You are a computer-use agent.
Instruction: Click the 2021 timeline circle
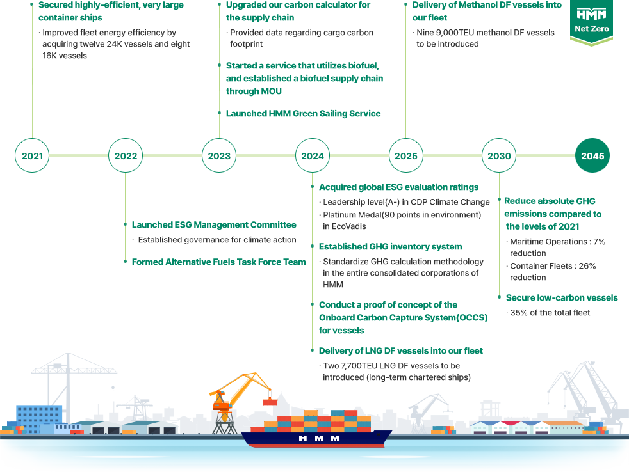tap(32, 156)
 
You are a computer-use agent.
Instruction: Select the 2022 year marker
tap(126, 156)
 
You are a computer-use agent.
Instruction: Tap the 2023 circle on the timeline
tap(219, 156)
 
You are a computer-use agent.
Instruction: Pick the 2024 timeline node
tap(313, 156)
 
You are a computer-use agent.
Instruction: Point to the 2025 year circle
tap(405, 156)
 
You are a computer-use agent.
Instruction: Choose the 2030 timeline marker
tap(499, 156)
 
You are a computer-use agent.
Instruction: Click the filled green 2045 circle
tap(592, 156)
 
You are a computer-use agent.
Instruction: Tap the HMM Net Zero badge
tap(591, 22)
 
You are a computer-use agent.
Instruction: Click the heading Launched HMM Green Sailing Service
tap(303, 114)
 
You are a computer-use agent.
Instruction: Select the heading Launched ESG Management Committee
tap(214, 225)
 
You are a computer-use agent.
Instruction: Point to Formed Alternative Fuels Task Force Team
tap(218, 262)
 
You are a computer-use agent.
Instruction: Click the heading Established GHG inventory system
tap(390, 247)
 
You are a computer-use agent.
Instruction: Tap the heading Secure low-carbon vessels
tap(562, 298)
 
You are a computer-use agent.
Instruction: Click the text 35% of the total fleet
tap(550, 313)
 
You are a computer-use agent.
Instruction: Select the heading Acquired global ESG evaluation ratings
tap(398, 187)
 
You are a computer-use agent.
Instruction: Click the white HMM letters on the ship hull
tap(318, 439)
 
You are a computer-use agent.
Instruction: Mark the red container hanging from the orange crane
tap(270, 402)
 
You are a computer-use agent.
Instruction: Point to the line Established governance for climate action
tap(216, 240)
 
